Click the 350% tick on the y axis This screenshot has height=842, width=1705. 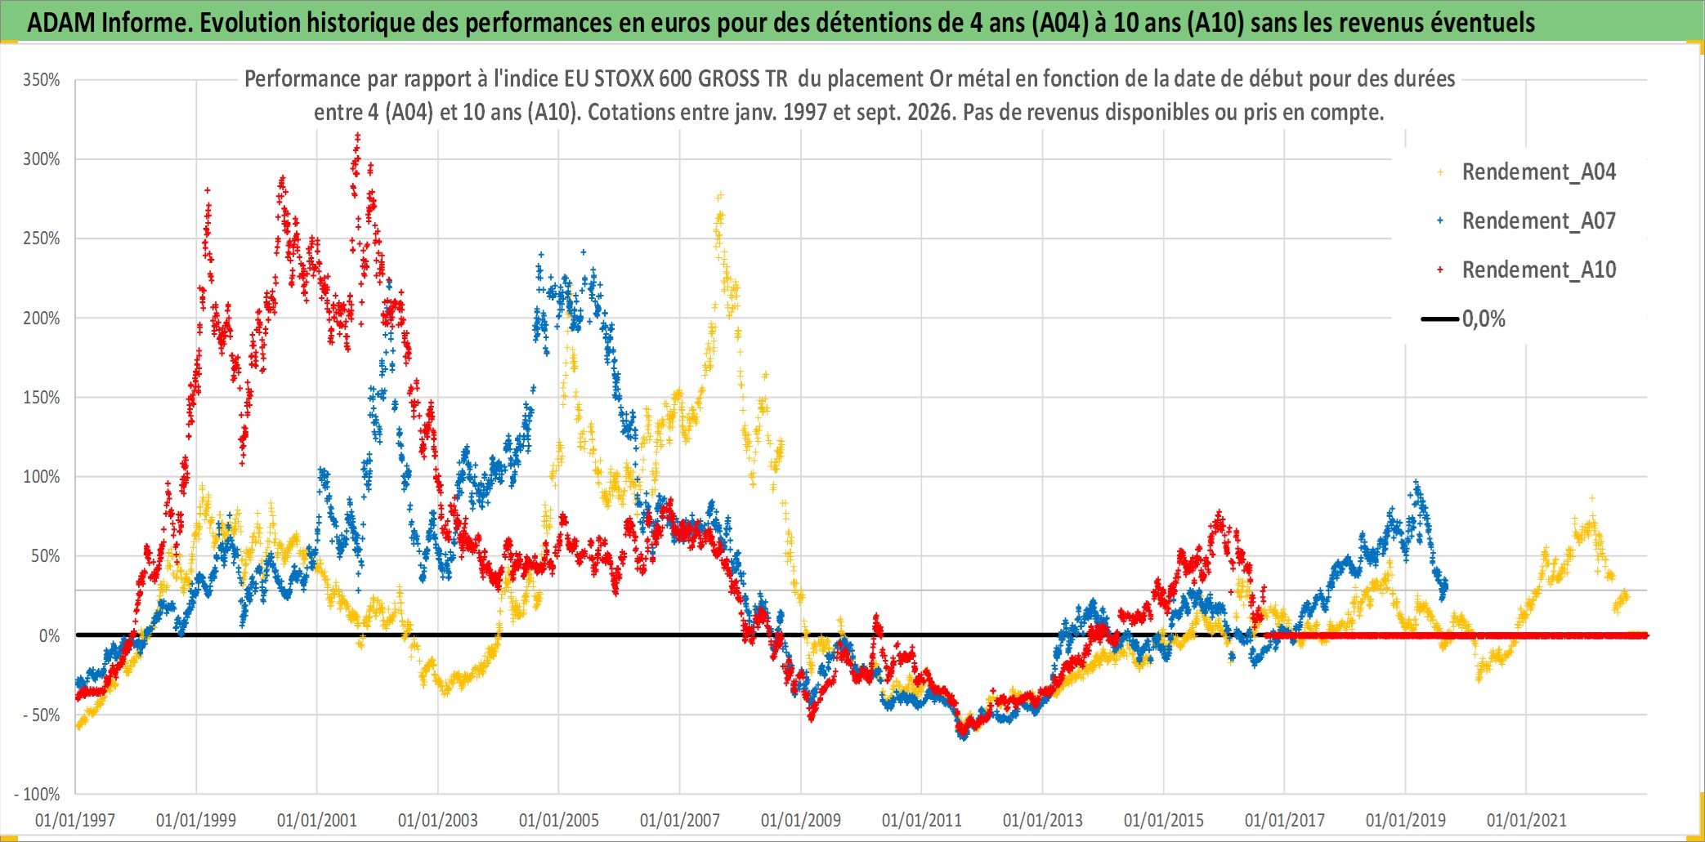pos(42,80)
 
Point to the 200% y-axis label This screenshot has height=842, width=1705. pos(42,319)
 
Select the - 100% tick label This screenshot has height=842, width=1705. pos(38,795)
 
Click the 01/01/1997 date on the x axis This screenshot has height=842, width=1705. pos(75,820)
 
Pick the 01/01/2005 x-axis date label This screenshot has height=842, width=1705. pos(559,820)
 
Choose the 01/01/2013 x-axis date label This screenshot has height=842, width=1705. pos(1043,820)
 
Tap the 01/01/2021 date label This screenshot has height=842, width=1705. pos(1527,820)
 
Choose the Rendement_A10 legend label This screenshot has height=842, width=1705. pos(1539,270)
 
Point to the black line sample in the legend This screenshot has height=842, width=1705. pos(1440,319)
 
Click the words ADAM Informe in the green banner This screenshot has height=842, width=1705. pos(110,23)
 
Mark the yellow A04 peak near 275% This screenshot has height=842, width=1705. pos(720,196)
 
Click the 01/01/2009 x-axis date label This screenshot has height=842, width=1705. pos(801,820)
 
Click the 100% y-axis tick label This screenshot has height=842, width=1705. pos(42,477)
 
